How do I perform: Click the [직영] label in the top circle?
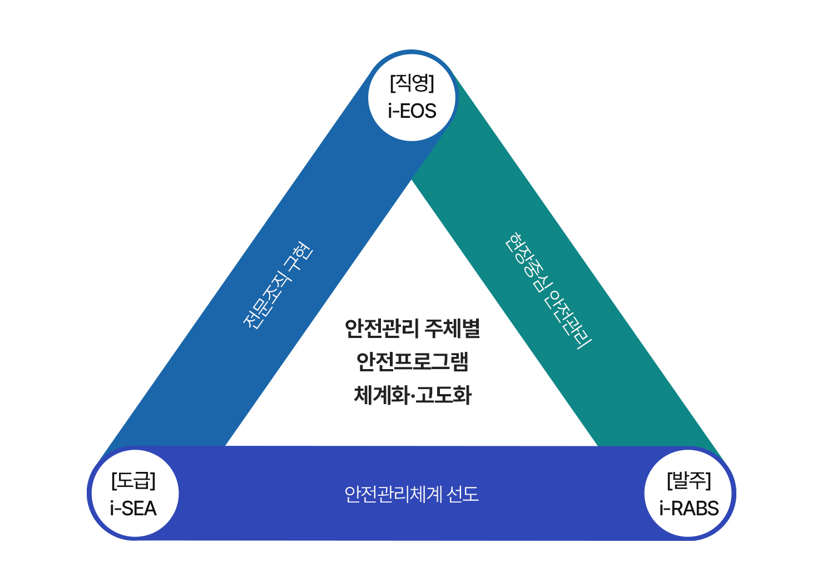coord(412,83)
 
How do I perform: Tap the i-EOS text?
coord(412,111)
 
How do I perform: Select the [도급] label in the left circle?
coord(133,480)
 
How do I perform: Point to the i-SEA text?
coord(133,509)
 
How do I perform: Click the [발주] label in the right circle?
coord(689,480)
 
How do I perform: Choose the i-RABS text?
coord(689,509)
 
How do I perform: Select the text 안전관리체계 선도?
coord(412,494)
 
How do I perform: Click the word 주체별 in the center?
coord(452,329)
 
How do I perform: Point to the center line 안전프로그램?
coord(412,362)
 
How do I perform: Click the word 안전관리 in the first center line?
coord(381,329)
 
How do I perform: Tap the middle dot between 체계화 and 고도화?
coord(412,396)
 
